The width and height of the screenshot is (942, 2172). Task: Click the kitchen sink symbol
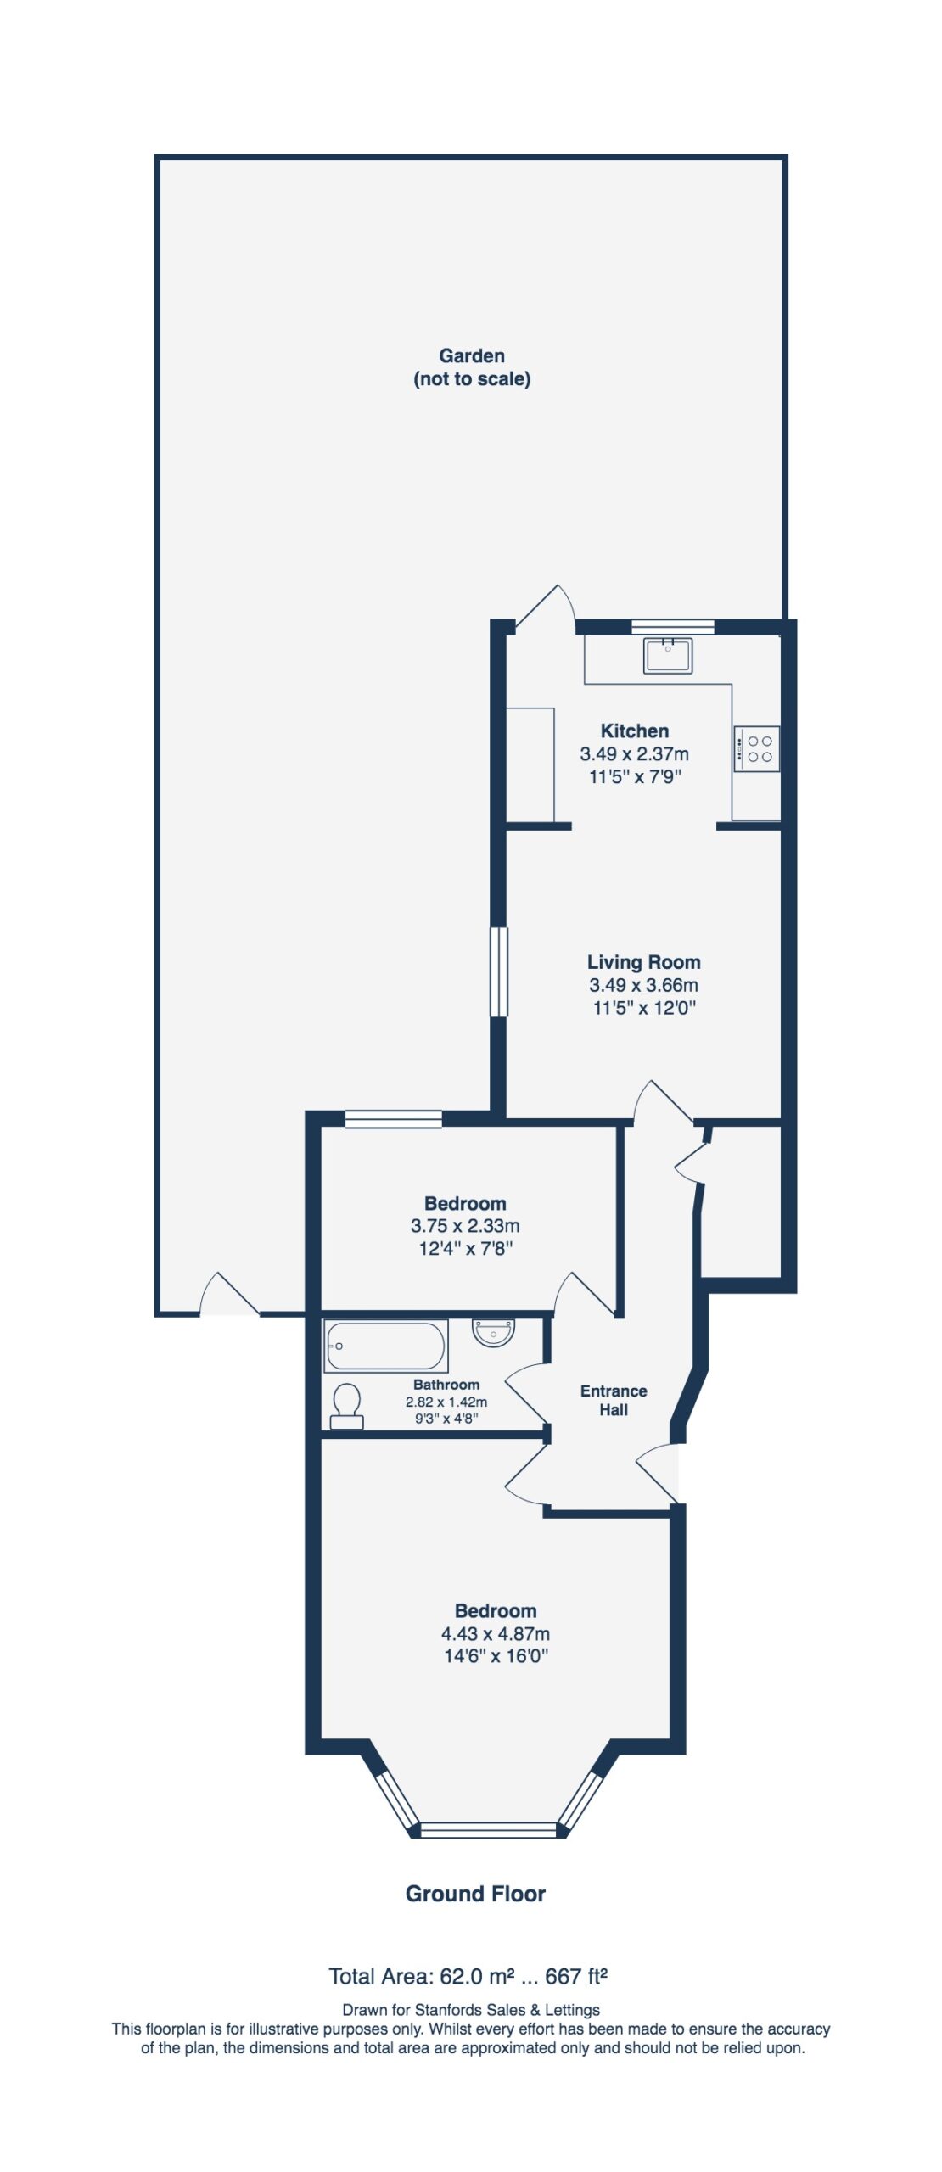(x=668, y=656)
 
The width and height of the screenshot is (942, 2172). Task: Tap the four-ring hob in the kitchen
(x=756, y=749)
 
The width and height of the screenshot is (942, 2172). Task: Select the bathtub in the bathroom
(x=386, y=1346)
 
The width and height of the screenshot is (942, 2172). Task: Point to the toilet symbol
(x=347, y=1406)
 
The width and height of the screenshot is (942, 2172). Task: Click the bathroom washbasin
(x=493, y=1332)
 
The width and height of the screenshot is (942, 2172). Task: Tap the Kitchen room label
(x=635, y=731)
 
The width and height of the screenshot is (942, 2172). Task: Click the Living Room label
(x=644, y=962)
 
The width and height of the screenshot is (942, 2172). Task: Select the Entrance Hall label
(x=614, y=1400)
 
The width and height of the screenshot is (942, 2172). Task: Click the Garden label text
(x=472, y=355)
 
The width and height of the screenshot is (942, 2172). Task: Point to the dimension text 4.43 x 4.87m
(x=496, y=1633)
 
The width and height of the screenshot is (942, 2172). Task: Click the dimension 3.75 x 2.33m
(x=465, y=1225)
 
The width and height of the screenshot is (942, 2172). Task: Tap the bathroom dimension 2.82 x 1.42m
(x=446, y=1402)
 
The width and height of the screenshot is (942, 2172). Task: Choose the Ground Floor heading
(x=475, y=1894)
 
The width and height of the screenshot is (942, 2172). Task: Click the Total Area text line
(x=468, y=1977)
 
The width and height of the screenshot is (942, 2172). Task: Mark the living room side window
(x=499, y=971)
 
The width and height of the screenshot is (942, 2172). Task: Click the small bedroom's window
(x=394, y=1119)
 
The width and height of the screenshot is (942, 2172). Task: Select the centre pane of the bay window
(x=489, y=1830)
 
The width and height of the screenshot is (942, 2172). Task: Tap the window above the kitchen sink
(x=673, y=628)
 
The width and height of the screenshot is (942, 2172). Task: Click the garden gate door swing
(x=229, y=1294)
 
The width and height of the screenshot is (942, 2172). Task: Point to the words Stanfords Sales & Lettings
(x=507, y=2010)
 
